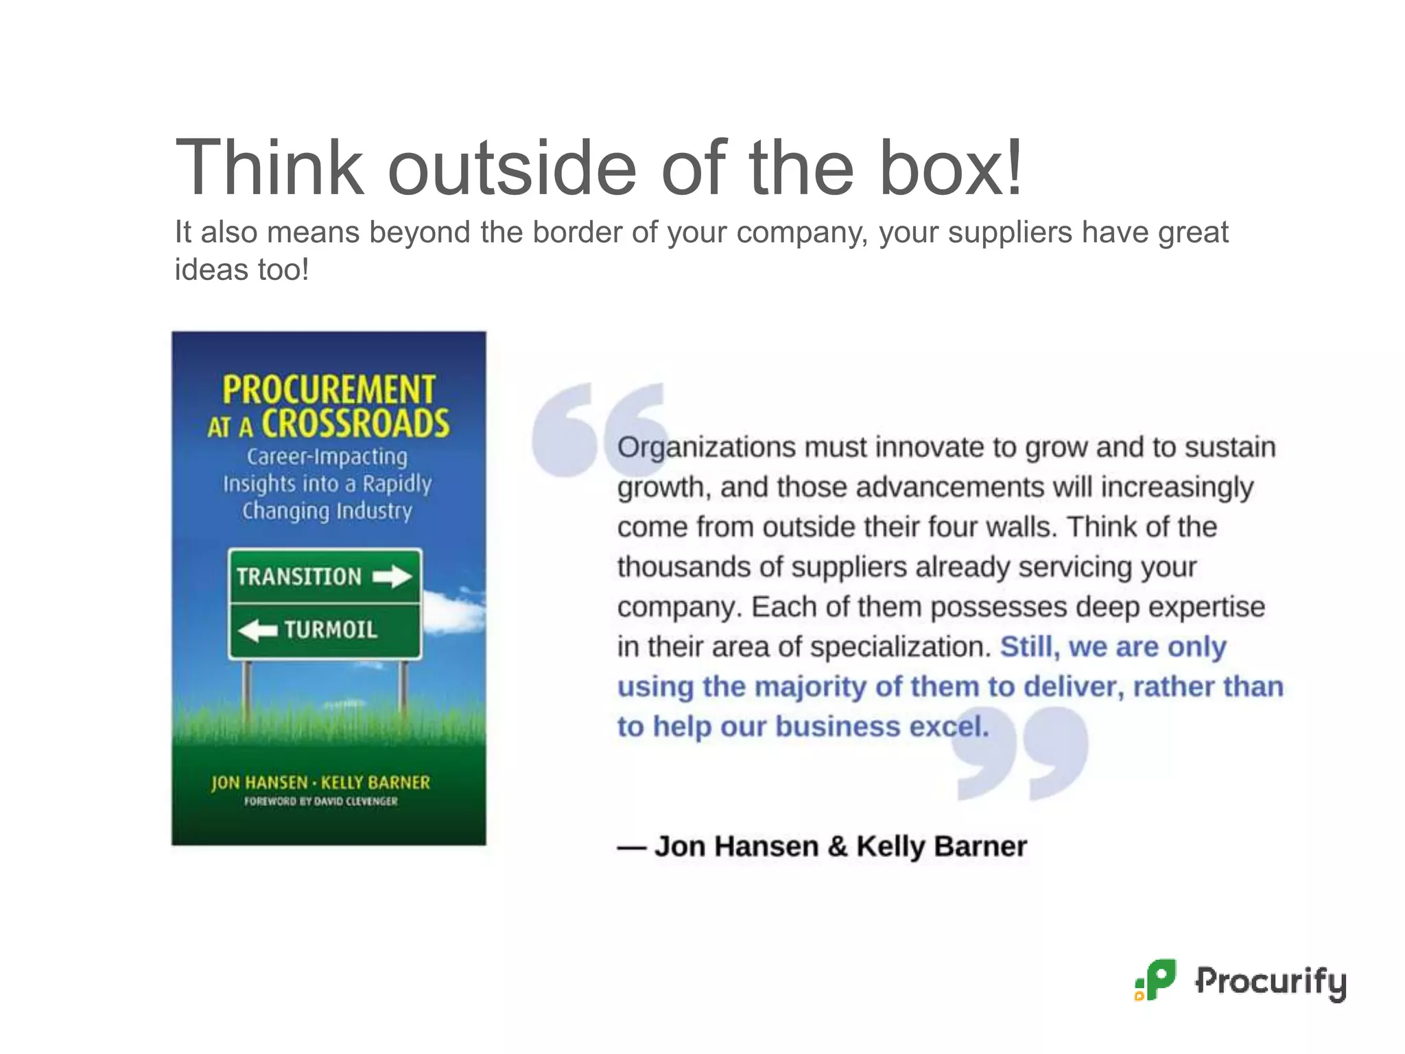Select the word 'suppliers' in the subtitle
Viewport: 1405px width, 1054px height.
point(1010,233)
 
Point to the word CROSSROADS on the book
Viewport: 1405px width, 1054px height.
point(355,423)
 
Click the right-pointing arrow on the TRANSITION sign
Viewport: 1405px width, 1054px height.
point(392,576)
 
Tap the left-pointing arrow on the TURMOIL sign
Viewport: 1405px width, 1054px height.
point(258,630)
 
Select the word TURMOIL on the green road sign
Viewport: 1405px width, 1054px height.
point(331,630)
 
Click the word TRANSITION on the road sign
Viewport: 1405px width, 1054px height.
point(299,576)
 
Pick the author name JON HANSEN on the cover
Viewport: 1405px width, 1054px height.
point(259,782)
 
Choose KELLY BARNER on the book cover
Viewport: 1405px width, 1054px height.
point(375,782)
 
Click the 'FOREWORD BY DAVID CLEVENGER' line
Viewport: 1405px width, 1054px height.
point(321,801)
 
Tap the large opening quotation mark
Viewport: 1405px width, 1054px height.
point(597,429)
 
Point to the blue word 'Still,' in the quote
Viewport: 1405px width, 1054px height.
point(1030,646)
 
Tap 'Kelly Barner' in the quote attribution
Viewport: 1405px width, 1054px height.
point(941,846)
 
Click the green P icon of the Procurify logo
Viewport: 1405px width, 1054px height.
point(1157,980)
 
